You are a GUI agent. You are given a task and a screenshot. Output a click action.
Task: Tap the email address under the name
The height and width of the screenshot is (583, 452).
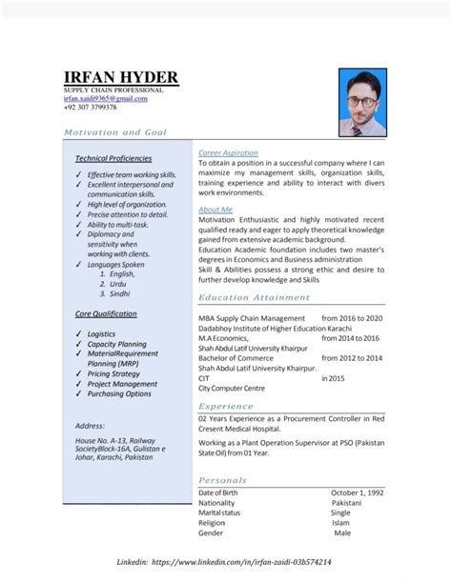[x=105, y=98]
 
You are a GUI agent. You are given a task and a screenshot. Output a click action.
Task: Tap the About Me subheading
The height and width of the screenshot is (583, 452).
[x=214, y=209]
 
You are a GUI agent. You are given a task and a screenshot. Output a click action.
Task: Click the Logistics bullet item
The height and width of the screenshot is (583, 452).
[x=101, y=335]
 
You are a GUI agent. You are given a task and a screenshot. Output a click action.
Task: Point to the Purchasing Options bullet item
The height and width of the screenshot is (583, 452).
[x=119, y=393]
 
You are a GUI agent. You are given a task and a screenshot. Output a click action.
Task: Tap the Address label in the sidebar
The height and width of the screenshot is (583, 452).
[x=89, y=425]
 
